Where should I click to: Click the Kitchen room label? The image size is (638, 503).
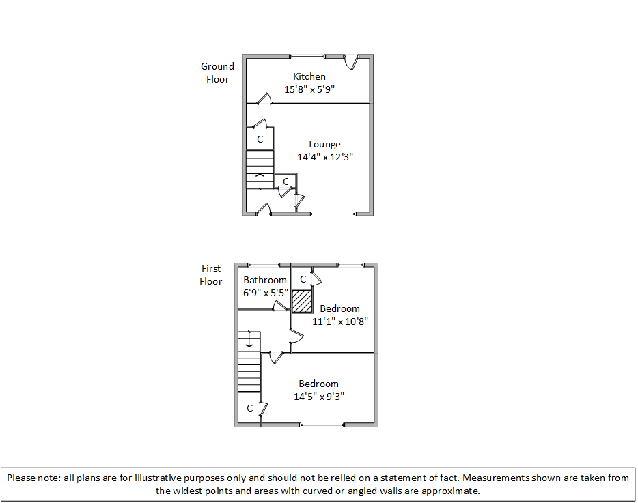[309, 76]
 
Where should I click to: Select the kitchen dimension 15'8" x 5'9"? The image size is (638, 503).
[309, 89]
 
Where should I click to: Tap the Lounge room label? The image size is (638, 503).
[324, 144]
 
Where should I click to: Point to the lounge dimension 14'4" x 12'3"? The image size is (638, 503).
[324, 157]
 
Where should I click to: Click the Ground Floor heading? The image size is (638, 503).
[217, 72]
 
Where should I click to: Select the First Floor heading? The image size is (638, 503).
[211, 274]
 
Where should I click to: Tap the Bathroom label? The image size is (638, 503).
[265, 280]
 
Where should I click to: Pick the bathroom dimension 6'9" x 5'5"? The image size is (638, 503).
[265, 293]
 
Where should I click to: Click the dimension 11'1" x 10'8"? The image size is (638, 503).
[340, 321]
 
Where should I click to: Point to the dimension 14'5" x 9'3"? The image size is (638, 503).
[318, 397]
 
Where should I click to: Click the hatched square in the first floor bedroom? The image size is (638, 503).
[302, 301]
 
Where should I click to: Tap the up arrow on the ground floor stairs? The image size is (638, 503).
[260, 182]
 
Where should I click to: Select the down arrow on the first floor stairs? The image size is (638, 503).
[250, 339]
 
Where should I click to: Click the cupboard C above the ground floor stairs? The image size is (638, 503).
[260, 139]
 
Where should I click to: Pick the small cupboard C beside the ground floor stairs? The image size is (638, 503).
[286, 181]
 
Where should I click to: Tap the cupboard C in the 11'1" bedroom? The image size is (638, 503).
[303, 278]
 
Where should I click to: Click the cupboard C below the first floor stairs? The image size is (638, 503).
[249, 408]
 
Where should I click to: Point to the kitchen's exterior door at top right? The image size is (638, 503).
[351, 62]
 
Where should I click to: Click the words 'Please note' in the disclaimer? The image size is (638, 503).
[31, 478]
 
